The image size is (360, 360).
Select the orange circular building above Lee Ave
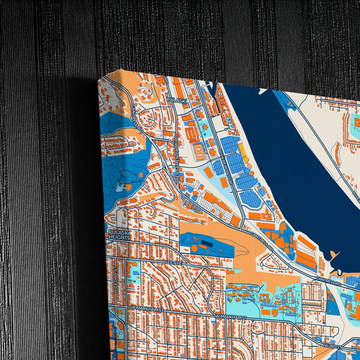[194, 249]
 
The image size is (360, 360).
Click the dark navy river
[290, 162]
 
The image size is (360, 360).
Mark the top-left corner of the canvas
[99, 80]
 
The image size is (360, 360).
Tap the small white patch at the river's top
[213, 86]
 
